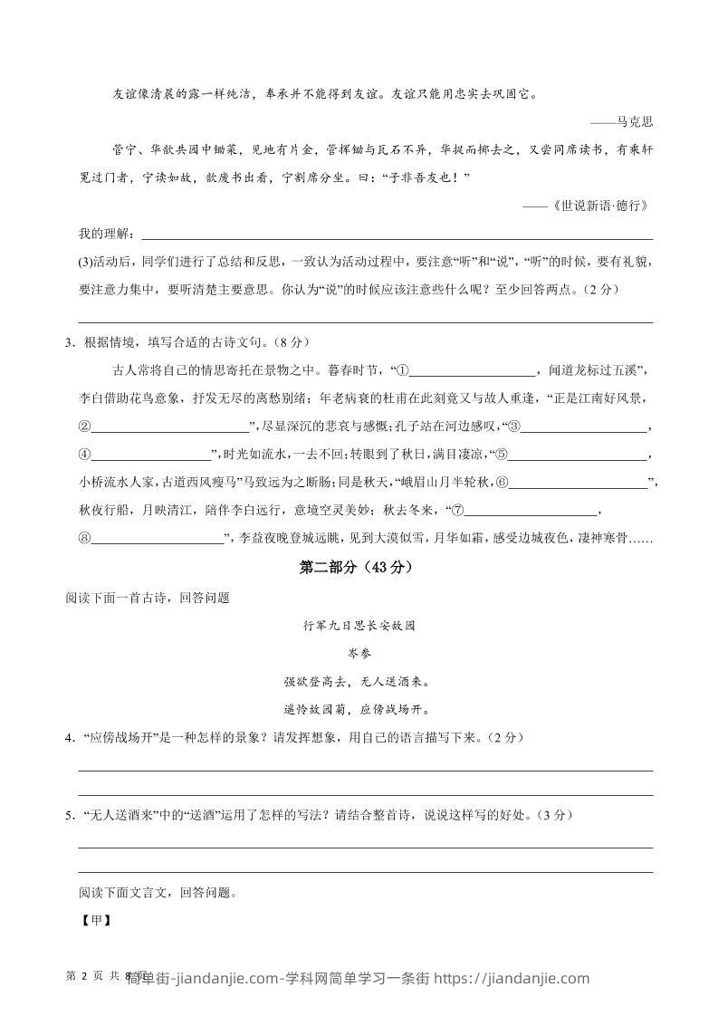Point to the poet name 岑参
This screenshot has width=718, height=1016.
click(x=359, y=653)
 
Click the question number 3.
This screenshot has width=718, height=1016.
click(x=69, y=341)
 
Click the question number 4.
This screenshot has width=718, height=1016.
click(x=69, y=737)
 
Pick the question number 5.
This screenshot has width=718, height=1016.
click(x=69, y=815)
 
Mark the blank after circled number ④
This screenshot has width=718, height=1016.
click(x=151, y=455)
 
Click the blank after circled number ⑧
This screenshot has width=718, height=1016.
click(x=158, y=540)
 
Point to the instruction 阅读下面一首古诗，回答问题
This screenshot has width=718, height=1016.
click(x=148, y=597)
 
